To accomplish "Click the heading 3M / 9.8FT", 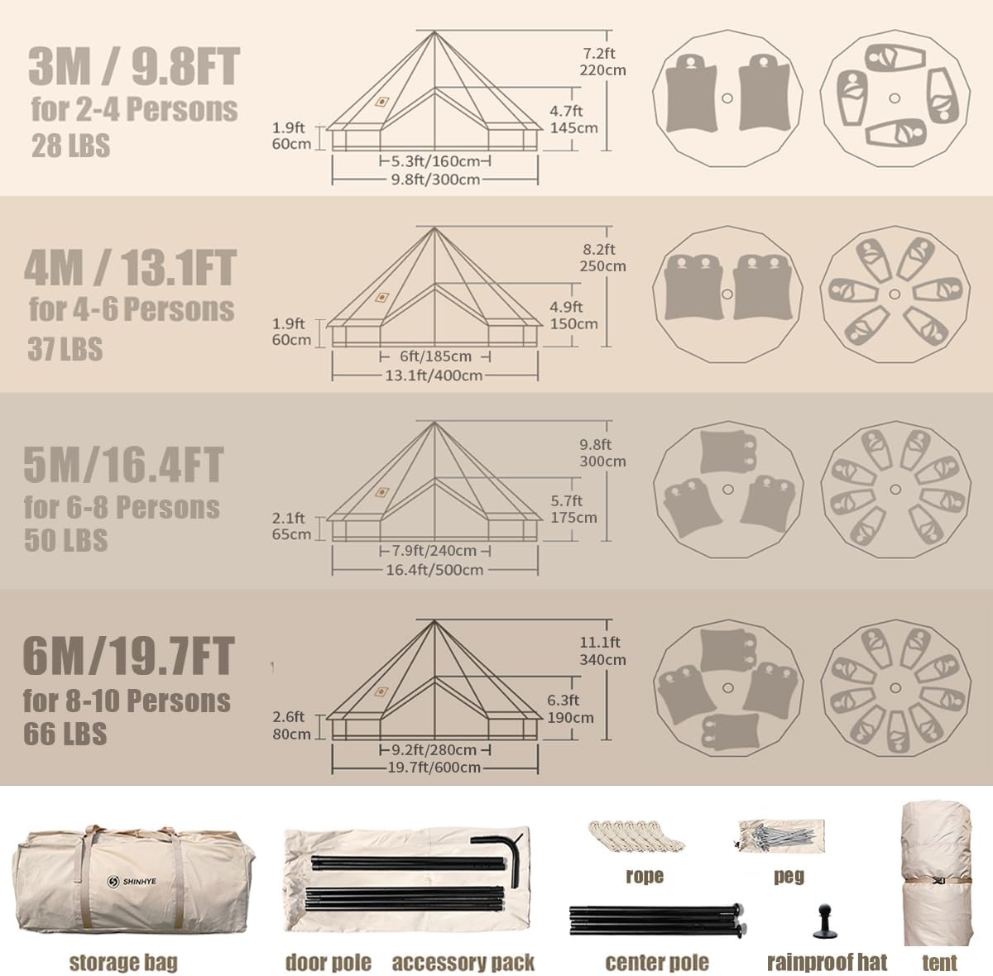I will (x=133, y=66).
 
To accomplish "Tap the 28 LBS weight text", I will (x=70, y=146).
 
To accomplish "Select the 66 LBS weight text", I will (x=65, y=734).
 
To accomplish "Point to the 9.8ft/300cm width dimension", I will (x=436, y=179).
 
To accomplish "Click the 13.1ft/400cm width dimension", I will (x=434, y=376).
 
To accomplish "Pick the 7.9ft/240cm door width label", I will (x=434, y=551).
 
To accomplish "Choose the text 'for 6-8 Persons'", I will (x=122, y=507).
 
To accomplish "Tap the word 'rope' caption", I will (x=645, y=876).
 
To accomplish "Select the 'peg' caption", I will (x=789, y=876).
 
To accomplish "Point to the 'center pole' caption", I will (x=657, y=962).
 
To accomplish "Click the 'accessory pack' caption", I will (x=463, y=962).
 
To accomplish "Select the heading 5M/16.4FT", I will (x=123, y=465).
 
